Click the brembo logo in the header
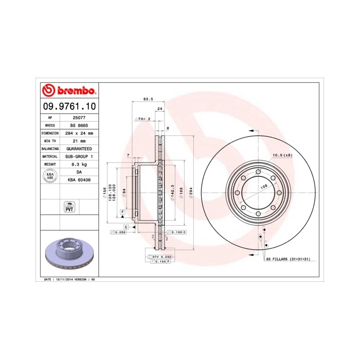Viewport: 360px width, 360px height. tap(68, 91)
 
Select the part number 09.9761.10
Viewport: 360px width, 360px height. tap(68, 106)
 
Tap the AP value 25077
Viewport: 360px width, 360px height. tap(79, 117)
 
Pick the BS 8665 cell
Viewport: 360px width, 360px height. tap(79, 125)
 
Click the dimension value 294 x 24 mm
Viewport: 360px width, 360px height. tap(79, 133)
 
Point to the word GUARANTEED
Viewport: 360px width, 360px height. tap(79, 148)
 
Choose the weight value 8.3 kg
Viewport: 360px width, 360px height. tap(79, 164)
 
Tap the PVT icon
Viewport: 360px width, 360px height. tap(68, 207)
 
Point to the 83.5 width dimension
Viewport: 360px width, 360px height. tap(148, 99)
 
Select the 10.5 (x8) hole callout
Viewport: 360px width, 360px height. tap(282, 155)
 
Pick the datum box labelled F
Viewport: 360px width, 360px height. tap(123, 211)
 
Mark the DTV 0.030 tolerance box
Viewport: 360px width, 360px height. tap(160, 256)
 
